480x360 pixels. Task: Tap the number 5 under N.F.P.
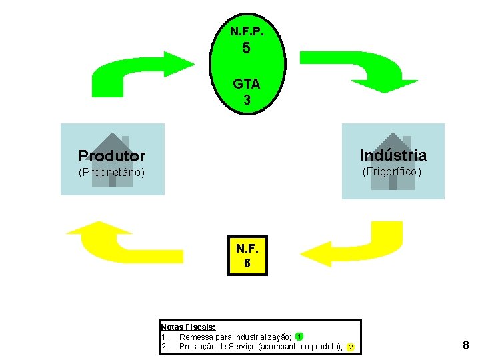[247, 49]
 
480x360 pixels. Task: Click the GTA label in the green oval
[247, 85]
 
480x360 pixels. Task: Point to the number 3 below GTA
[247, 101]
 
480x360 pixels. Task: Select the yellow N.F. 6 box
[247, 255]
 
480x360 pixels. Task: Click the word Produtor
[111, 156]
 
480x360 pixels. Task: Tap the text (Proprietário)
[111, 172]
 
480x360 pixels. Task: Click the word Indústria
[393, 155]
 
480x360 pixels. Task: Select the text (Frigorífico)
[392, 171]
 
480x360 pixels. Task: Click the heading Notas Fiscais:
[188, 327]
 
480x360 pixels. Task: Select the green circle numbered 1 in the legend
[300, 336]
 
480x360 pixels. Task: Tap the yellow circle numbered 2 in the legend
[351, 347]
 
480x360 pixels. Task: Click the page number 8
[465, 345]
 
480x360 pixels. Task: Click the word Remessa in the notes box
[197, 337]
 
